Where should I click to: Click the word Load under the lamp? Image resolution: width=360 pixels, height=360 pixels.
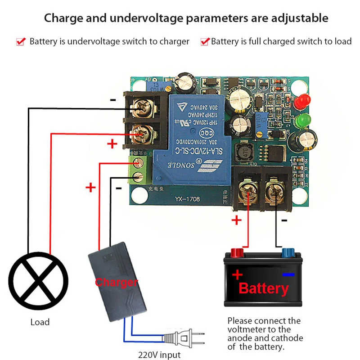click(x=40, y=322)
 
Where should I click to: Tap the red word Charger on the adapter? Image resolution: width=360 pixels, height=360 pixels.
click(x=116, y=283)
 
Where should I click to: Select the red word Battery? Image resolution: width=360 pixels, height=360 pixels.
click(x=264, y=288)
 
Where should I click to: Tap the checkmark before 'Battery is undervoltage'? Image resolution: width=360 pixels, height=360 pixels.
click(x=21, y=42)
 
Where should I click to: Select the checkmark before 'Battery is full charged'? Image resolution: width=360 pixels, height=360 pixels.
click(x=205, y=42)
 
